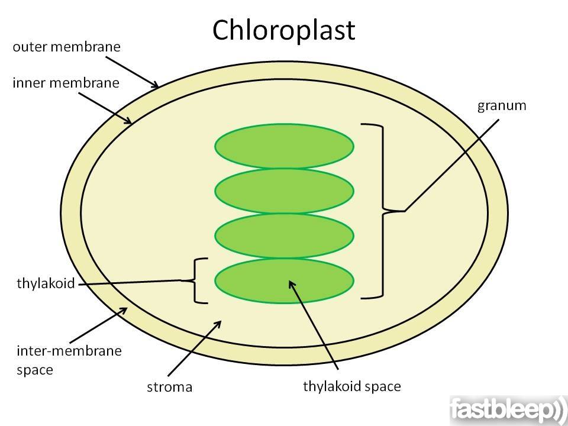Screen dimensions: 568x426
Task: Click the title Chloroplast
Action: (283, 30)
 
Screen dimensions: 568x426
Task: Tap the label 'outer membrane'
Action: (67, 47)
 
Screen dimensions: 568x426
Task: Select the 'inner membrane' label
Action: (66, 83)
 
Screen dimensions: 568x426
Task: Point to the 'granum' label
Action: (502, 106)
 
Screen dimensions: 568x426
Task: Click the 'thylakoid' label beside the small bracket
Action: (46, 283)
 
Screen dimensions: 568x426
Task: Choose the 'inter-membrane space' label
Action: (69, 360)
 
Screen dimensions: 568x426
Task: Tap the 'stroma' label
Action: (170, 387)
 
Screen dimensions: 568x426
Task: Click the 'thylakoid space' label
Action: (352, 386)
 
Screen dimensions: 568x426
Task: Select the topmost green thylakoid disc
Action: (285, 146)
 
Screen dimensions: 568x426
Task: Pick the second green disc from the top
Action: (285, 191)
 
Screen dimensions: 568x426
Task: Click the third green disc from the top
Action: (285, 236)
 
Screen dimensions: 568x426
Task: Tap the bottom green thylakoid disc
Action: (285, 280)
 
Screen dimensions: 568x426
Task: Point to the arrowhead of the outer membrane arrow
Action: (154, 85)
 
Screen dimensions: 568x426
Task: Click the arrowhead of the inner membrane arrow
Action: (128, 121)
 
